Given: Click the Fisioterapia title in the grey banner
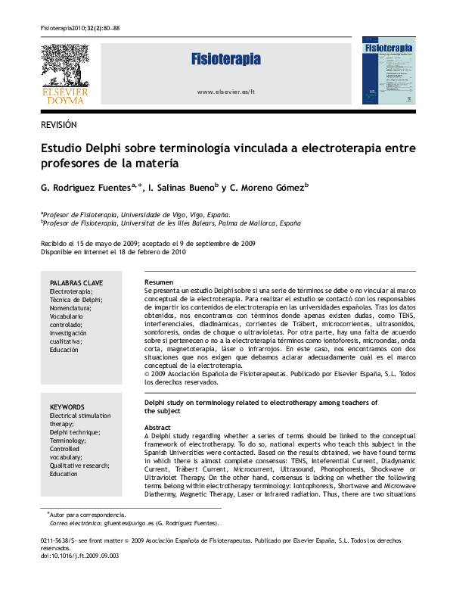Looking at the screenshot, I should pos(225,59).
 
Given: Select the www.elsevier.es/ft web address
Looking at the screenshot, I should pos(225,92).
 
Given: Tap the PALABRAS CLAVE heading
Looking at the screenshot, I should pos(76,282).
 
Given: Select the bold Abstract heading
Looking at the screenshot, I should pos(157,428).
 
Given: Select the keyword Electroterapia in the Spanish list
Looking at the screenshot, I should pos(70,291).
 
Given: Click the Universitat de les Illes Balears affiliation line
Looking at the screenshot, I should pos(172,223).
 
